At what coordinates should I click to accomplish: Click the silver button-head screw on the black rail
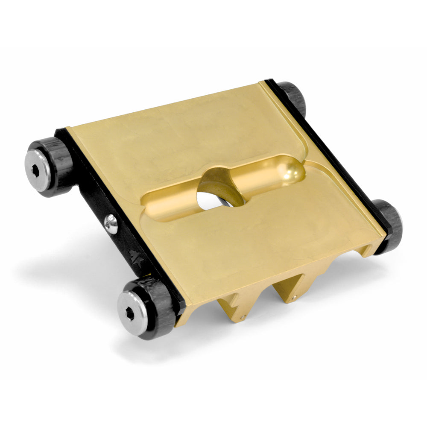coord(111,223)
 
